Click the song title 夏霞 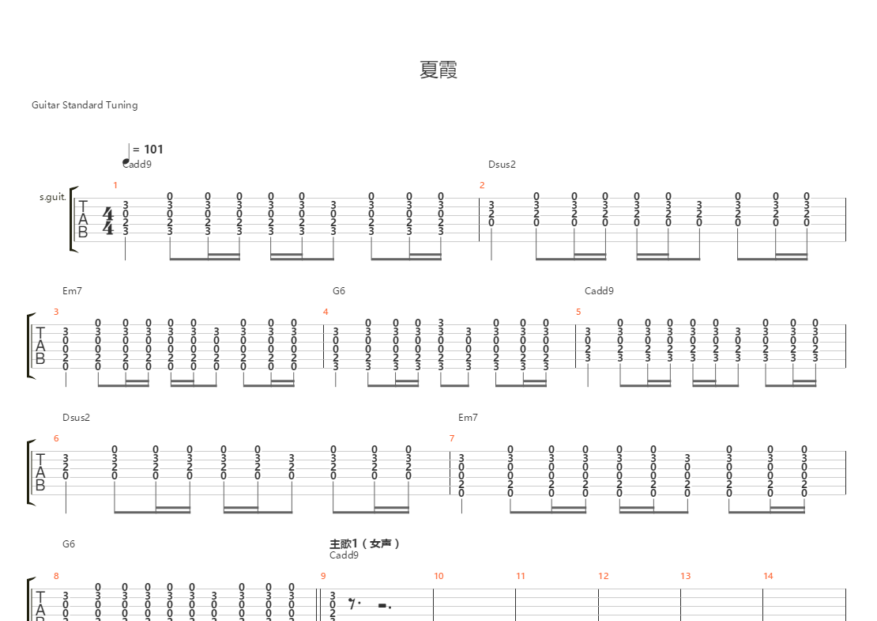(438, 70)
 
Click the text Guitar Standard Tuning (85, 105)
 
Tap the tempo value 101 (153, 149)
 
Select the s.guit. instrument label (52, 197)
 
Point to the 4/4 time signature (108, 221)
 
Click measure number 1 (115, 185)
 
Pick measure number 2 (482, 185)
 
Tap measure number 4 (326, 312)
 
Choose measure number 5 (578, 312)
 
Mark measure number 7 (452, 438)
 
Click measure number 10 (438, 576)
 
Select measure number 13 (685, 576)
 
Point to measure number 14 (767, 576)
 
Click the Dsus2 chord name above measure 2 (501, 165)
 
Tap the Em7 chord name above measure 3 (72, 291)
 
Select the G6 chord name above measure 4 (338, 291)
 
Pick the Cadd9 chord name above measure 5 (599, 291)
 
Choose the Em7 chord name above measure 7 (468, 418)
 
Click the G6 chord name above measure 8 (69, 544)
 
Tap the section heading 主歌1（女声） (365, 543)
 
